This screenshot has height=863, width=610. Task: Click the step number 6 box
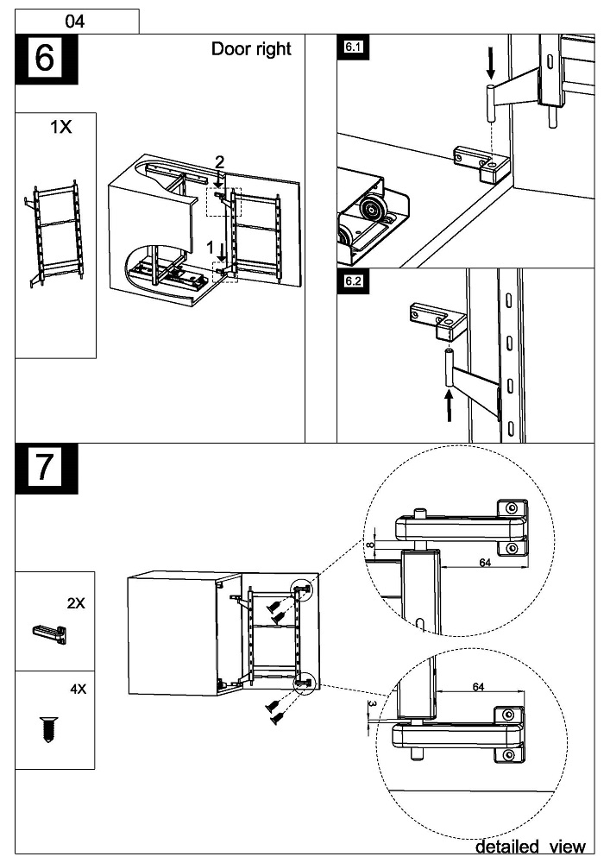pyautogui.click(x=46, y=60)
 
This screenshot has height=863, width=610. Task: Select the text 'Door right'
pyautogui.click(x=251, y=48)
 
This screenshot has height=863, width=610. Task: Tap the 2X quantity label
pyautogui.click(x=76, y=603)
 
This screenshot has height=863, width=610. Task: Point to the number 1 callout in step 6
pyautogui.click(x=210, y=247)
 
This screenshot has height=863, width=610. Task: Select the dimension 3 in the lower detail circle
pyautogui.click(x=372, y=704)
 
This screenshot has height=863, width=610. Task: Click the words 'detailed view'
pyautogui.click(x=530, y=847)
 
